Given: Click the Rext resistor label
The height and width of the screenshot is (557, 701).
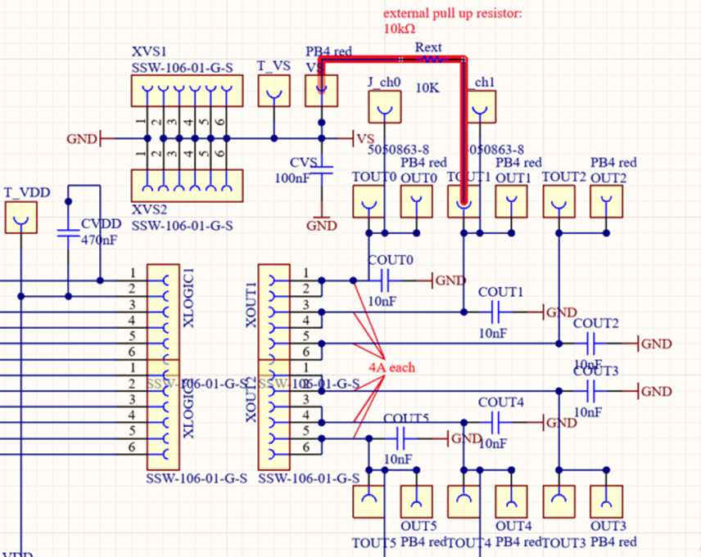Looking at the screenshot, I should tap(428, 47).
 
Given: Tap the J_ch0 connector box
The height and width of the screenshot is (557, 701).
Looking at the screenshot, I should tap(384, 106).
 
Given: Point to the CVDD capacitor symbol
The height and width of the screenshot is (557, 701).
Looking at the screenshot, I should tap(68, 232).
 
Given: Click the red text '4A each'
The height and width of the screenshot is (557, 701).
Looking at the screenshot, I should tap(391, 367).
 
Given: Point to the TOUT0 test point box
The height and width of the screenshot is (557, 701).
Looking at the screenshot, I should tap(369, 201).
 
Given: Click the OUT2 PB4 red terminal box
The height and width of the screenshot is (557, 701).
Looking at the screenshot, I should tap(606, 201).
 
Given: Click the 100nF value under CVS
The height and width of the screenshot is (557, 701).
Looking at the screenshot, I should tap(292, 177).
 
